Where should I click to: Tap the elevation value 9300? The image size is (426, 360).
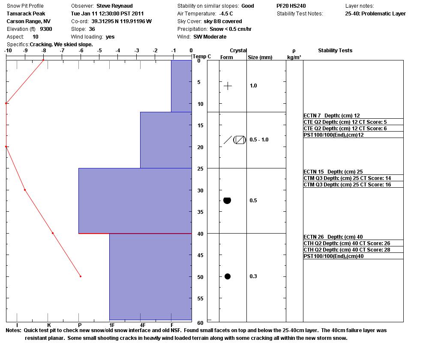coord(46,29)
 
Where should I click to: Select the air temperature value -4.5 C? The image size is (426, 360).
coord(226,14)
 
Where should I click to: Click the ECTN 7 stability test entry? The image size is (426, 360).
coord(331,116)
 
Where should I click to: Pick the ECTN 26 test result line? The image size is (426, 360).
coord(333,237)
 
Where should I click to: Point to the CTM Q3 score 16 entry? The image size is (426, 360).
coord(347,185)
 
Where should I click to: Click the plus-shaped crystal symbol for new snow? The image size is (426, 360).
coord(228,86)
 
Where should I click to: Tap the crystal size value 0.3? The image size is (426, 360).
coord(253,276)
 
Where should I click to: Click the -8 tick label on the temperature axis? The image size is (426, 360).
coord(43,51)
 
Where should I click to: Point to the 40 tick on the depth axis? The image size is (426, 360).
coord(199,234)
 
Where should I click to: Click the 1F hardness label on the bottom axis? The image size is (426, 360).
coord(112,325)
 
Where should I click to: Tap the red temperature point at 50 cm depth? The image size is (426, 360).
coord(81,276)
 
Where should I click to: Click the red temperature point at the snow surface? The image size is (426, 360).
coord(43,60)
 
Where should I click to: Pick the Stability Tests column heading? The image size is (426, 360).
coord(335,51)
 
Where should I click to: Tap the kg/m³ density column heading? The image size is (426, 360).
coord(294,57)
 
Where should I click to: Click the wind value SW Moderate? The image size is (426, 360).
coord(210,37)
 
